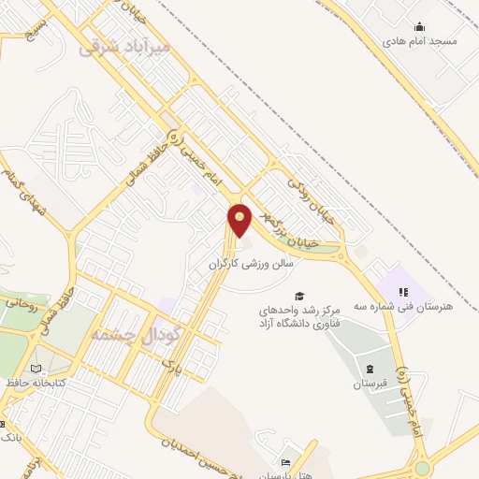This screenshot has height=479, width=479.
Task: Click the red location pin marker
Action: [x=240, y=219]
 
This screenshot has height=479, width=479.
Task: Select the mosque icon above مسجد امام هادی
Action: [x=420, y=26]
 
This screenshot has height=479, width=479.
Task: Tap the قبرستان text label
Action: [x=369, y=384]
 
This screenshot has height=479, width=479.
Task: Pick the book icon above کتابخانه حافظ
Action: [x=36, y=369]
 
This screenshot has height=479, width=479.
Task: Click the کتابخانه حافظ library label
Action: [x=36, y=384]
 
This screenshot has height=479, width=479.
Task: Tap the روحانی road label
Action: [x=21, y=301]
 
